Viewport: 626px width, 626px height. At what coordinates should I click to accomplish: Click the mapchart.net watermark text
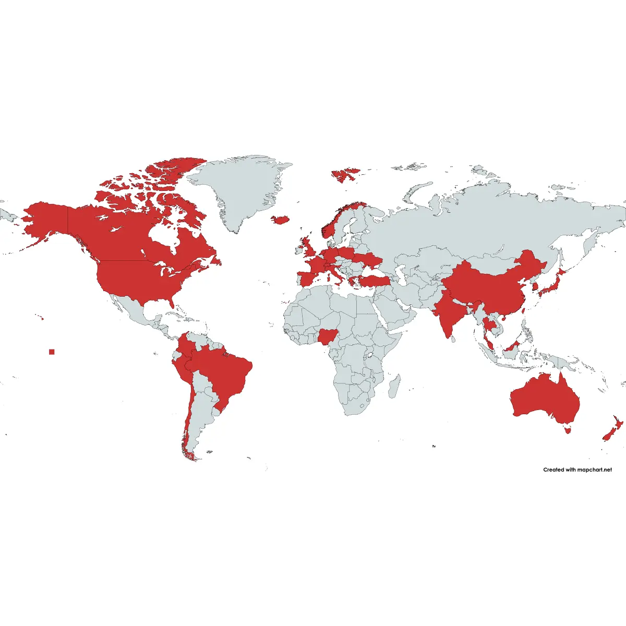(x=577, y=469)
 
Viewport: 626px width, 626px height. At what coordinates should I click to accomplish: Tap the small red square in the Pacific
(x=52, y=352)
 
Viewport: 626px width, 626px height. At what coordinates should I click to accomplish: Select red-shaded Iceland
(x=280, y=220)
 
